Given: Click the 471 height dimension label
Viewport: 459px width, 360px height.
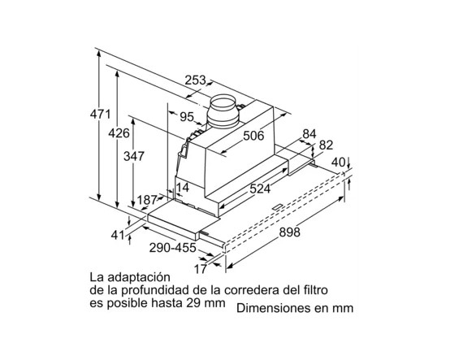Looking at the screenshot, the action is (101, 115).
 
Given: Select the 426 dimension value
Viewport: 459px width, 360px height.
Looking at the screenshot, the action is (119, 133).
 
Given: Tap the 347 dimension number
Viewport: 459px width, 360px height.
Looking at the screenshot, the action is (134, 156).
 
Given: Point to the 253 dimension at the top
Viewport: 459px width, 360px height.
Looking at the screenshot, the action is (195, 80).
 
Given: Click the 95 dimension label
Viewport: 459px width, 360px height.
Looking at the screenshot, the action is (187, 117).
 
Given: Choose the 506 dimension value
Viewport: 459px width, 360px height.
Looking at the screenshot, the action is (253, 136).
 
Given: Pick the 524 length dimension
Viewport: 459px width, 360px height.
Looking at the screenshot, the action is (260, 189).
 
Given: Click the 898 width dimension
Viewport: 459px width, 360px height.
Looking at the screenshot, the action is (289, 232).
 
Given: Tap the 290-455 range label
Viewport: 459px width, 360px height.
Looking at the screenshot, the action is (172, 248).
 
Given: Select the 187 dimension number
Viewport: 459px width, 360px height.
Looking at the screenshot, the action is (147, 200).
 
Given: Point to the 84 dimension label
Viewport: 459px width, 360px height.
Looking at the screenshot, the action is (310, 134).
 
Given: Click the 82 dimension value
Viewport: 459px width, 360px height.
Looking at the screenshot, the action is (326, 145).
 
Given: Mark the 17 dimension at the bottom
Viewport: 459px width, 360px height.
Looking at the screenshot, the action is (201, 269).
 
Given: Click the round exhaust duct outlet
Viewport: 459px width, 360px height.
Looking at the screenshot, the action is (223, 111).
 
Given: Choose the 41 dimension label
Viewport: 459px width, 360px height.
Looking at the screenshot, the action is (118, 235).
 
